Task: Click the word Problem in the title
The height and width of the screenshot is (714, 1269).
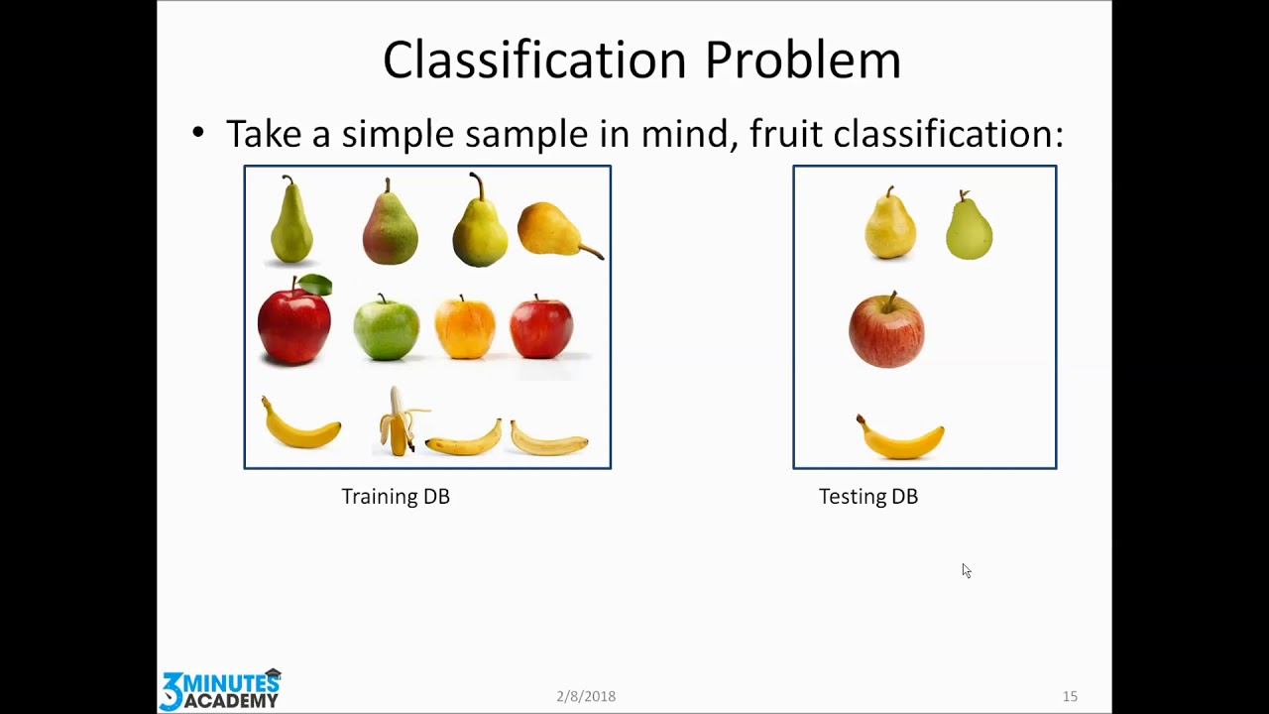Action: click(803, 60)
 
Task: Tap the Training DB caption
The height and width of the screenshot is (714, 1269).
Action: click(396, 497)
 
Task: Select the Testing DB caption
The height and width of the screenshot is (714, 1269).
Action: click(868, 497)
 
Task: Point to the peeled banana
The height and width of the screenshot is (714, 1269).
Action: click(400, 421)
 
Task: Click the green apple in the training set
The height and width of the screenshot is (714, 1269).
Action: click(387, 327)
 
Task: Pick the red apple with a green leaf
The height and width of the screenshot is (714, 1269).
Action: click(294, 319)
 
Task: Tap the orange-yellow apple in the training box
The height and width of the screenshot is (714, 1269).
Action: click(465, 327)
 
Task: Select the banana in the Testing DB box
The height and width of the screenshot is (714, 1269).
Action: click(899, 439)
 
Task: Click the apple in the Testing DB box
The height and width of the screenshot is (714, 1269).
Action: click(886, 330)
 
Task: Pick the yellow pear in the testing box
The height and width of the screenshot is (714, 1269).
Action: click(890, 223)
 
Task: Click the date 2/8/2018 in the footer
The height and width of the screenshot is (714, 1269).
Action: click(586, 696)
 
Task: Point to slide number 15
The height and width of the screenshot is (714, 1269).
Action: click(1070, 696)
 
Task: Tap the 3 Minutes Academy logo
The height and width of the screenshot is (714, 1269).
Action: click(221, 689)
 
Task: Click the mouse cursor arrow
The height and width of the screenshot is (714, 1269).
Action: click(967, 570)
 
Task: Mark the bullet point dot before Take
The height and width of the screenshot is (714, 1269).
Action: click(197, 133)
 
